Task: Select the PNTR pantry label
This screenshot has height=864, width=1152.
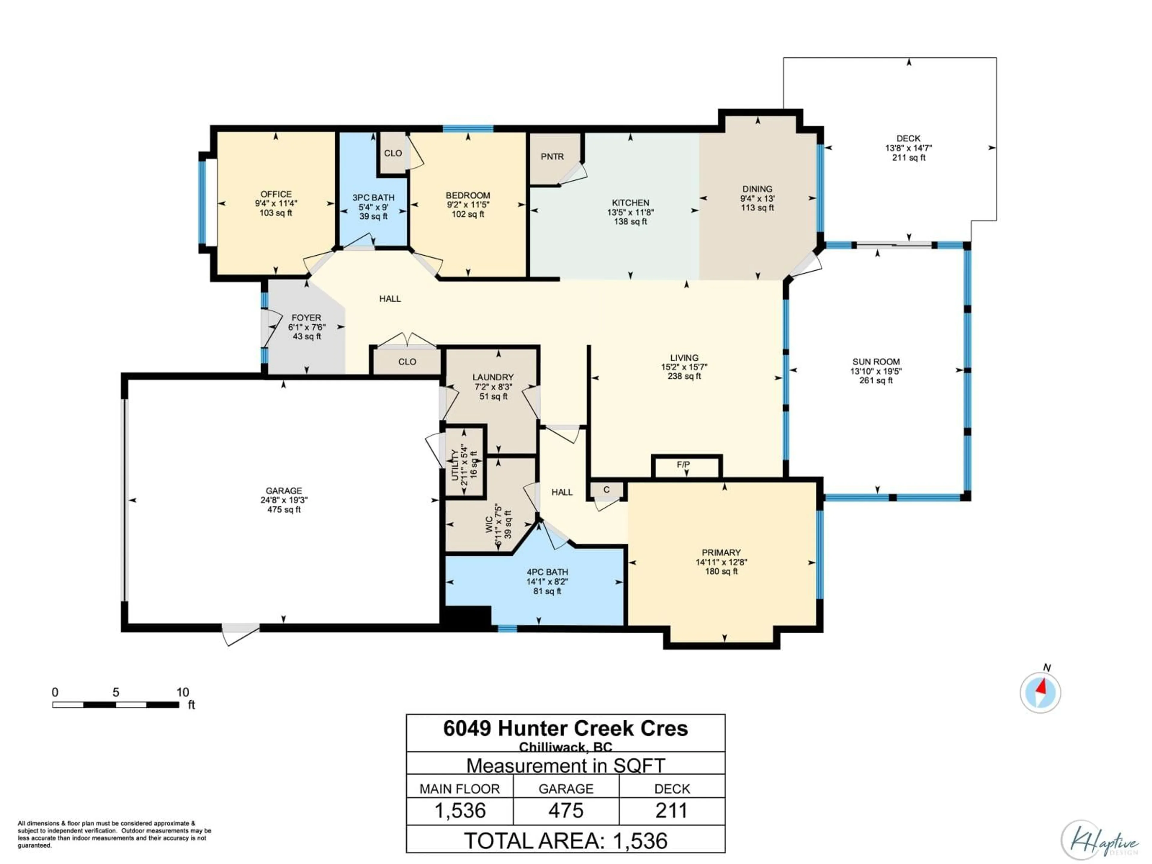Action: [552, 156]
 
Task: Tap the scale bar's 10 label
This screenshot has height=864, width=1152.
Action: [182, 692]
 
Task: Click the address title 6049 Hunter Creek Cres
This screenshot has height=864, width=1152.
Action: [565, 728]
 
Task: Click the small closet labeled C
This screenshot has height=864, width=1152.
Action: [606, 490]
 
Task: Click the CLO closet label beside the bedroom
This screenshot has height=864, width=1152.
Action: [393, 153]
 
